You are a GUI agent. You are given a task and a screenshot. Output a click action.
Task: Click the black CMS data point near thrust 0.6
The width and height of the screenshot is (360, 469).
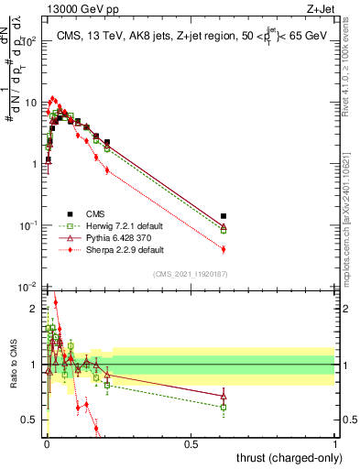pyautogui.click(x=224, y=216)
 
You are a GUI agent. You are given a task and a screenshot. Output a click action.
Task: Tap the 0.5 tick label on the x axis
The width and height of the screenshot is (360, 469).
pyautogui.click(x=191, y=443)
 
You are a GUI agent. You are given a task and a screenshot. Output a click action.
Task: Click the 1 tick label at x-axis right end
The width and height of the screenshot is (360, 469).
pyautogui.click(x=335, y=443)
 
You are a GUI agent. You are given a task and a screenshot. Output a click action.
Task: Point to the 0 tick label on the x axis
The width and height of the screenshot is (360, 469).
pyautogui.click(x=47, y=443)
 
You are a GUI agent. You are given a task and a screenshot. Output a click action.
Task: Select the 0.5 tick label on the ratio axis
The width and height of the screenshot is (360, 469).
pyautogui.click(x=31, y=420)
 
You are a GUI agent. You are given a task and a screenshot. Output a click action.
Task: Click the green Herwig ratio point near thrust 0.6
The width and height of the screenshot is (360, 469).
pyautogui.click(x=224, y=407)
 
